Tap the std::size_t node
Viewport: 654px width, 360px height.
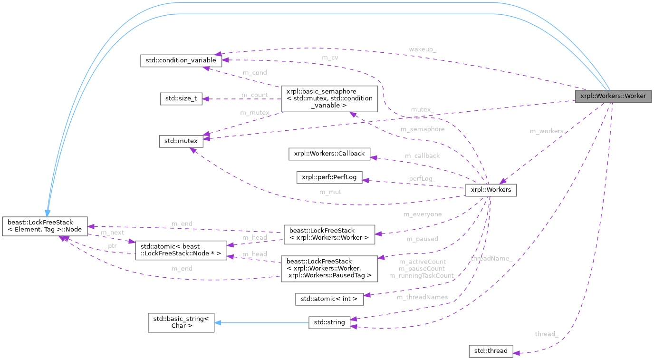tap(181, 99)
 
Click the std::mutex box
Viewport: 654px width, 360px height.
tap(181, 141)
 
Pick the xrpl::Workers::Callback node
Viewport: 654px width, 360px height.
tap(329, 154)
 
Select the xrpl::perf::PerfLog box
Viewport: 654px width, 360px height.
tap(329, 178)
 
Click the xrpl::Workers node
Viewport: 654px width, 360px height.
tap(490, 190)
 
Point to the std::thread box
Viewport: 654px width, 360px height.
tap(490, 351)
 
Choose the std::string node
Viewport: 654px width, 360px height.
tap(329, 322)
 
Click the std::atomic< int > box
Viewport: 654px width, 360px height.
tap(329, 299)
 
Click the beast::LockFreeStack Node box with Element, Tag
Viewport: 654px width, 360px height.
tap(45, 226)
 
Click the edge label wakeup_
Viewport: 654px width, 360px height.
tap(422, 49)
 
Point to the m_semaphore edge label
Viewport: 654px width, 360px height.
tap(422, 129)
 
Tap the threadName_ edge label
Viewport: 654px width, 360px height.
tap(491, 258)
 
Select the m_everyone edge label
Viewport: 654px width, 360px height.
tap(422, 214)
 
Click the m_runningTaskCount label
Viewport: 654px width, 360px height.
tap(421, 275)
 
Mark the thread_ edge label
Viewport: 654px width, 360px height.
tap(546, 334)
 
